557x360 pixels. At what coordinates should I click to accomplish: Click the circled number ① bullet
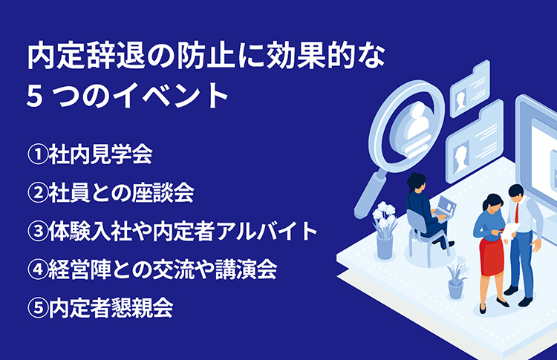(x=38, y=154)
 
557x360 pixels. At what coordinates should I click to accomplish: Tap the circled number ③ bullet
(x=38, y=231)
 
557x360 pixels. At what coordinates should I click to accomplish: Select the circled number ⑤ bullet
(x=38, y=308)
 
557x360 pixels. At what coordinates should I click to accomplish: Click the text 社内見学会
(x=100, y=154)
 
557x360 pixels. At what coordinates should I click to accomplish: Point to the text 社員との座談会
(x=122, y=193)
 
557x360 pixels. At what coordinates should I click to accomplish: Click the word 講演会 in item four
(x=246, y=269)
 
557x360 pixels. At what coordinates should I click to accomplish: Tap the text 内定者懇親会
(x=111, y=308)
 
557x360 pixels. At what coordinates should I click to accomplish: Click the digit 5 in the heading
(x=35, y=96)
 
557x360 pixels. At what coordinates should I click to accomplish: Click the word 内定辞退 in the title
(x=86, y=56)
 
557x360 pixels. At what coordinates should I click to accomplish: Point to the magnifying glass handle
(x=370, y=194)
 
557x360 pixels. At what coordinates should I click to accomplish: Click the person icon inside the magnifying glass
(x=417, y=124)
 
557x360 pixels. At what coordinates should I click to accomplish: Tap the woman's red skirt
(x=491, y=256)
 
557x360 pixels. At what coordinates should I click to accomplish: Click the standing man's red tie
(x=517, y=212)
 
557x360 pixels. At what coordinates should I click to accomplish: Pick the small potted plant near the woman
(x=456, y=278)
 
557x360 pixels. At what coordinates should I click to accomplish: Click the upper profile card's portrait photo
(x=461, y=99)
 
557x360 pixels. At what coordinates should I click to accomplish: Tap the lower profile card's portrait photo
(x=461, y=159)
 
